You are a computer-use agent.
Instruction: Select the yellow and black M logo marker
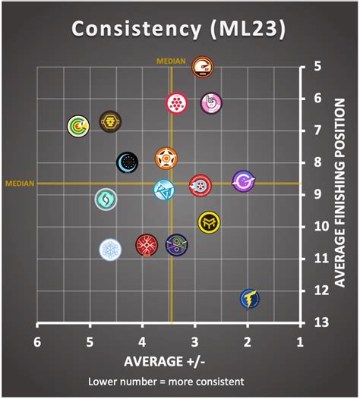(209, 222)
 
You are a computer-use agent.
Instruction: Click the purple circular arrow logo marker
(243, 182)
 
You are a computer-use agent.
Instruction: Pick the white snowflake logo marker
(111, 250)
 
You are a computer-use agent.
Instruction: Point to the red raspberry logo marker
(176, 103)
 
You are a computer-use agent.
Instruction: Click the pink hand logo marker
(211, 103)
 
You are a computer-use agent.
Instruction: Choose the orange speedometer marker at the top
(202, 68)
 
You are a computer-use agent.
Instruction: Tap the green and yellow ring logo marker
(77, 125)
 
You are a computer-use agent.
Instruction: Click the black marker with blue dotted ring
(128, 162)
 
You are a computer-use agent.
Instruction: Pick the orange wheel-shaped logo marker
(166, 158)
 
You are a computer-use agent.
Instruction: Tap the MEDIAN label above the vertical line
(171, 61)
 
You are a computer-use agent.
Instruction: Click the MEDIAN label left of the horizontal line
(19, 183)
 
